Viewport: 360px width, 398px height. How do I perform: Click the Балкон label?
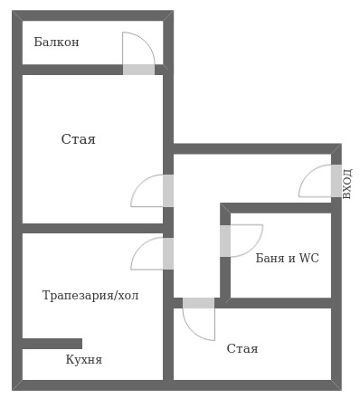tap(56, 43)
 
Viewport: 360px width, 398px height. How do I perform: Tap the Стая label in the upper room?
tap(78, 139)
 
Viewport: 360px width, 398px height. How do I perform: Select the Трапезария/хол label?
tap(90, 296)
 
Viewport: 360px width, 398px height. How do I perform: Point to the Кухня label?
tap(83, 359)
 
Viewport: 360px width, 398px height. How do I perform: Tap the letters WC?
tap(308, 258)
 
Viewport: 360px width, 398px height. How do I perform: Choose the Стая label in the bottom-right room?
tap(242, 348)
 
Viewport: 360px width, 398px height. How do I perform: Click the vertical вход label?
tap(347, 183)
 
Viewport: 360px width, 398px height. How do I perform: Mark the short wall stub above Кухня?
tap(52, 343)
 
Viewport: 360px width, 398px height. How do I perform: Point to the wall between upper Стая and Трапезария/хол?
tap(90, 228)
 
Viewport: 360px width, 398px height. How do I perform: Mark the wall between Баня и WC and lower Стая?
tap(276, 303)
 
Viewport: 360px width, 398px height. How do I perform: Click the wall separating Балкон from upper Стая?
tap(72, 70)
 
